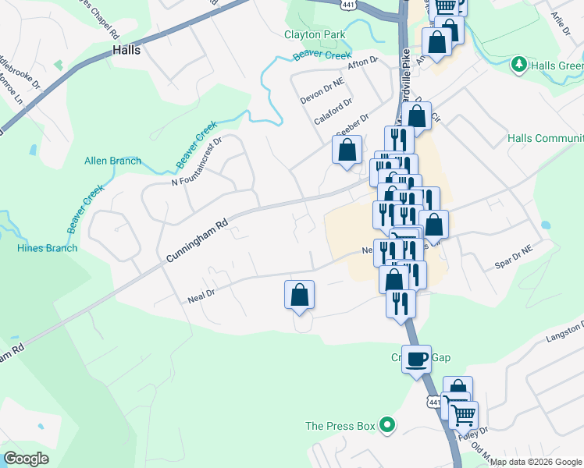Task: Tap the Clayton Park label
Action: coord(315,35)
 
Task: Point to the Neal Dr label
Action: coord(201,297)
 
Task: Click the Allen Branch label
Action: coord(113,161)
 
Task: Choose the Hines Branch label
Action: coord(47,248)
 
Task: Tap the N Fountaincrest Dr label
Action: coord(198,162)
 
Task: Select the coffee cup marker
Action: coord(416,359)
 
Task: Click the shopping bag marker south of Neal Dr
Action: coord(299,295)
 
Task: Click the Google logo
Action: coord(26,459)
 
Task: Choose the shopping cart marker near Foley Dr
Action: coord(462,414)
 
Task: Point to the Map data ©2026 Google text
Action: coord(536,462)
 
